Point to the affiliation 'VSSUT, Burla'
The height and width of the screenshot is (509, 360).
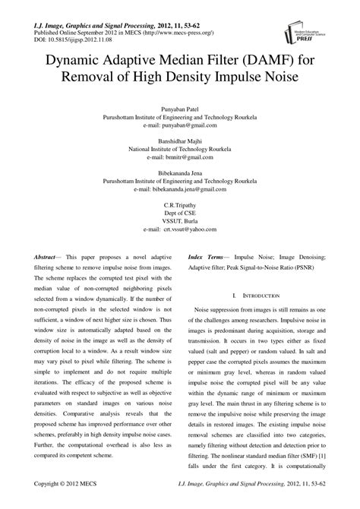[x=180, y=221]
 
